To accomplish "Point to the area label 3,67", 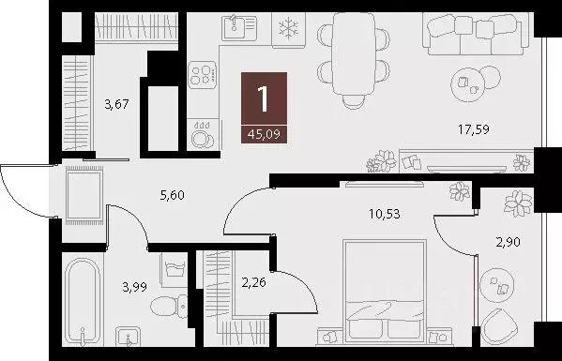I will click(115, 106).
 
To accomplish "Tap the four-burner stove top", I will click(203, 75).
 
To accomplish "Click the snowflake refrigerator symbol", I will click(287, 30).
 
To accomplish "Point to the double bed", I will click(383, 291).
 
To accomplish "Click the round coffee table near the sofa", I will click(466, 85).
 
